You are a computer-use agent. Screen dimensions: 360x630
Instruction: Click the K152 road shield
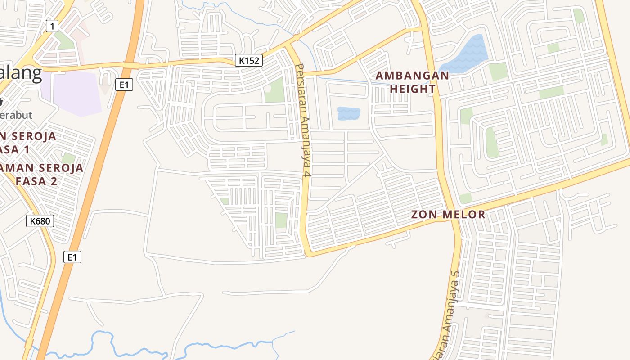click(x=248, y=60)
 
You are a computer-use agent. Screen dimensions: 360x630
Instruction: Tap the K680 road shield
click(x=40, y=221)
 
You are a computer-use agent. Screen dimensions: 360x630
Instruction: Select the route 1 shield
click(x=52, y=27)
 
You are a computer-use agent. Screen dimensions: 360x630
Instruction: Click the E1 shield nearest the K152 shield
click(x=124, y=85)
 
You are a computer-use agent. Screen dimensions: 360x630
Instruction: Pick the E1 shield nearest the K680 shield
click(x=72, y=257)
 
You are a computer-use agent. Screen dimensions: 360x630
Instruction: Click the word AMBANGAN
click(x=412, y=76)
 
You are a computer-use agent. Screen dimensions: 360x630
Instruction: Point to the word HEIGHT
click(x=413, y=89)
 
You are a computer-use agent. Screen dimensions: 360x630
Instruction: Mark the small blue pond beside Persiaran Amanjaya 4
click(x=349, y=113)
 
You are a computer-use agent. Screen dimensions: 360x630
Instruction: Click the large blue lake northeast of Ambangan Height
click(x=466, y=54)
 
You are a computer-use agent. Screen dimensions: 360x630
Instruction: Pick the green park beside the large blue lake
click(x=498, y=72)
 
